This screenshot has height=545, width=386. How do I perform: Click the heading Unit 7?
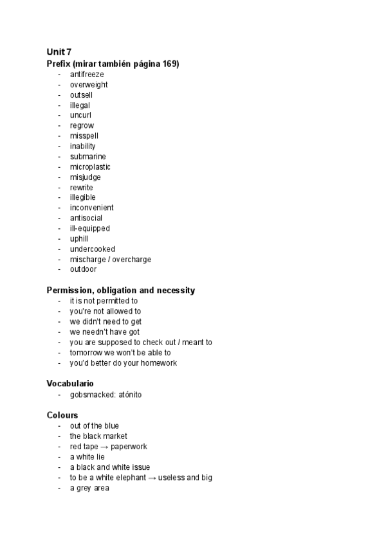pyautogui.click(x=59, y=51)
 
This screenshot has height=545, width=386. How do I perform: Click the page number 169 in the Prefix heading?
pyautogui.click(x=169, y=64)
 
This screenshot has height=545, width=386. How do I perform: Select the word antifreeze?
pyautogui.click(x=87, y=75)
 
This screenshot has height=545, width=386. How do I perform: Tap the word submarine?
pyautogui.click(x=88, y=157)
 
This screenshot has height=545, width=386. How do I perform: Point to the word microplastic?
pyautogui.click(x=90, y=167)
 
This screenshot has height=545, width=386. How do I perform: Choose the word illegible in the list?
pyautogui.click(x=83, y=198)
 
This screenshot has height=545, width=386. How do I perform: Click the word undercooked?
pyautogui.click(x=93, y=249)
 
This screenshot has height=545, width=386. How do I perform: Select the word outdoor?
pyautogui.click(x=84, y=270)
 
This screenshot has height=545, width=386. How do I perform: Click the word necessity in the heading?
pyautogui.click(x=174, y=290)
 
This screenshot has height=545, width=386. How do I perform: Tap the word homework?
pyautogui.click(x=157, y=363)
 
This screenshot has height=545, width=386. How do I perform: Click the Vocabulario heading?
pyautogui.click(x=70, y=384)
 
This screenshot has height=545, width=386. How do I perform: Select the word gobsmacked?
pyautogui.click(x=93, y=395)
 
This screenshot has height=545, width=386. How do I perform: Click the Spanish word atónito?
pyautogui.click(x=130, y=395)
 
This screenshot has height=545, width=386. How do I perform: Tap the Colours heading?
pyautogui.click(x=62, y=415)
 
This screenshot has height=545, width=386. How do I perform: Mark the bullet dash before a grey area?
pyautogui.click(x=59, y=488)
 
